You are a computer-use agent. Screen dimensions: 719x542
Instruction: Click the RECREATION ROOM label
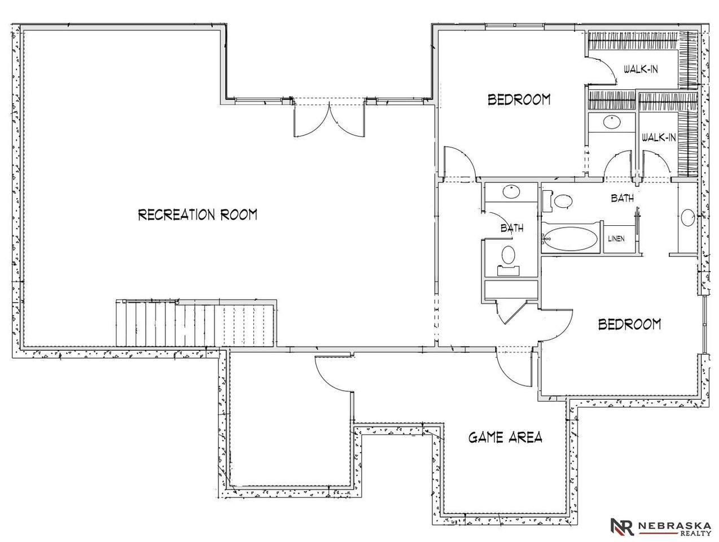(198, 215)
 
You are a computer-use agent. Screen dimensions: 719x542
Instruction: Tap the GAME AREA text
(505, 438)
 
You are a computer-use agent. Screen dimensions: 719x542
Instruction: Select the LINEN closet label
(616, 239)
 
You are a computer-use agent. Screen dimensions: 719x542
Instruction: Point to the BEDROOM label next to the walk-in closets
(519, 99)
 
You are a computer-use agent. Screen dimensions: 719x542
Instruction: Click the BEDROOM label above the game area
(629, 324)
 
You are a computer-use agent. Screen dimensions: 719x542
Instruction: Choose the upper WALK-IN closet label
(641, 69)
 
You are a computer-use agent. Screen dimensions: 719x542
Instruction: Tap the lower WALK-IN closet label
(659, 137)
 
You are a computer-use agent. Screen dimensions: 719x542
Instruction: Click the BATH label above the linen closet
(622, 198)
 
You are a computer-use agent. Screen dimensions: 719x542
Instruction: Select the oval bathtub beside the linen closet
(571, 239)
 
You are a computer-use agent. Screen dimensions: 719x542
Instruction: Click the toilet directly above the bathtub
(559, 201)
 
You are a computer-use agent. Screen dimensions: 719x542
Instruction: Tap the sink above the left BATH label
(511, 192)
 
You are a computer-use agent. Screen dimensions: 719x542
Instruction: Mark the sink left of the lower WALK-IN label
(612, 123)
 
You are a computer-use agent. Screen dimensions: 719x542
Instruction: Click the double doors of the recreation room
(329, 118)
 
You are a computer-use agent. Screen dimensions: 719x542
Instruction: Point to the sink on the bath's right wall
(687, 217)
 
